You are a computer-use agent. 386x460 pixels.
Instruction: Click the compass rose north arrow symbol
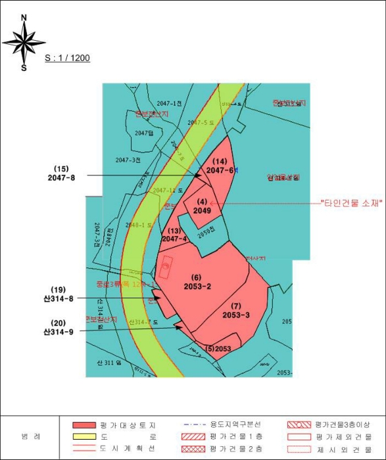tap(24, 41)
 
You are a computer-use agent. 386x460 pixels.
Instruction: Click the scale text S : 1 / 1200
tap(67, 58)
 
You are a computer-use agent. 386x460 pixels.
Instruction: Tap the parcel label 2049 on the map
tap(202, 211)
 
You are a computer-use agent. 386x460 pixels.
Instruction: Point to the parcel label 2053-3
tap(236, 315)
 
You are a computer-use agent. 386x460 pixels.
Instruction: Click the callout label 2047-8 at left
tap(62, 177)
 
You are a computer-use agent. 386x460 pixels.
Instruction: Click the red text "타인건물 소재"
tap(351, 203)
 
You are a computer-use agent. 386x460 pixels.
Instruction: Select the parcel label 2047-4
tap(174, 239)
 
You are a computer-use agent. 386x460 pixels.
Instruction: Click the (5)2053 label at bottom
tap(218, 348)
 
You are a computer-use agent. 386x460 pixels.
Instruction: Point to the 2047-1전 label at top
tap(169, 103)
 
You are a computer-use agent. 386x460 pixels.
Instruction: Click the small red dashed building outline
tap(167, 267)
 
